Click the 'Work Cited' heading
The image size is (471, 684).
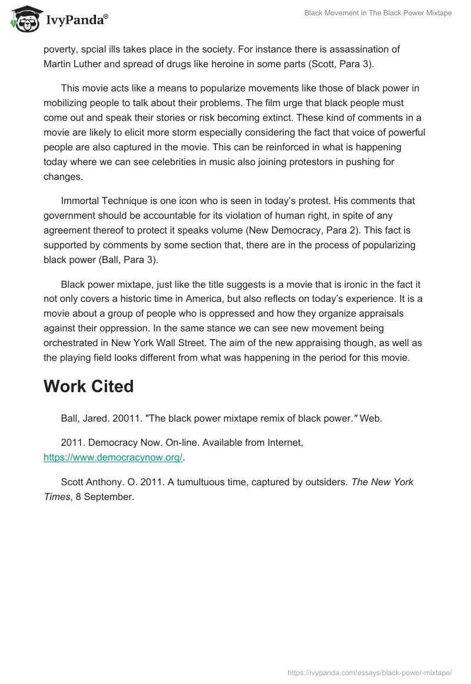click(88, 386)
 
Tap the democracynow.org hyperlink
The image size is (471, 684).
click(114, 456)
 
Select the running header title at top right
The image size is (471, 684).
click(378, 13)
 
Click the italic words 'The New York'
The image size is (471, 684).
click(383, 482)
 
